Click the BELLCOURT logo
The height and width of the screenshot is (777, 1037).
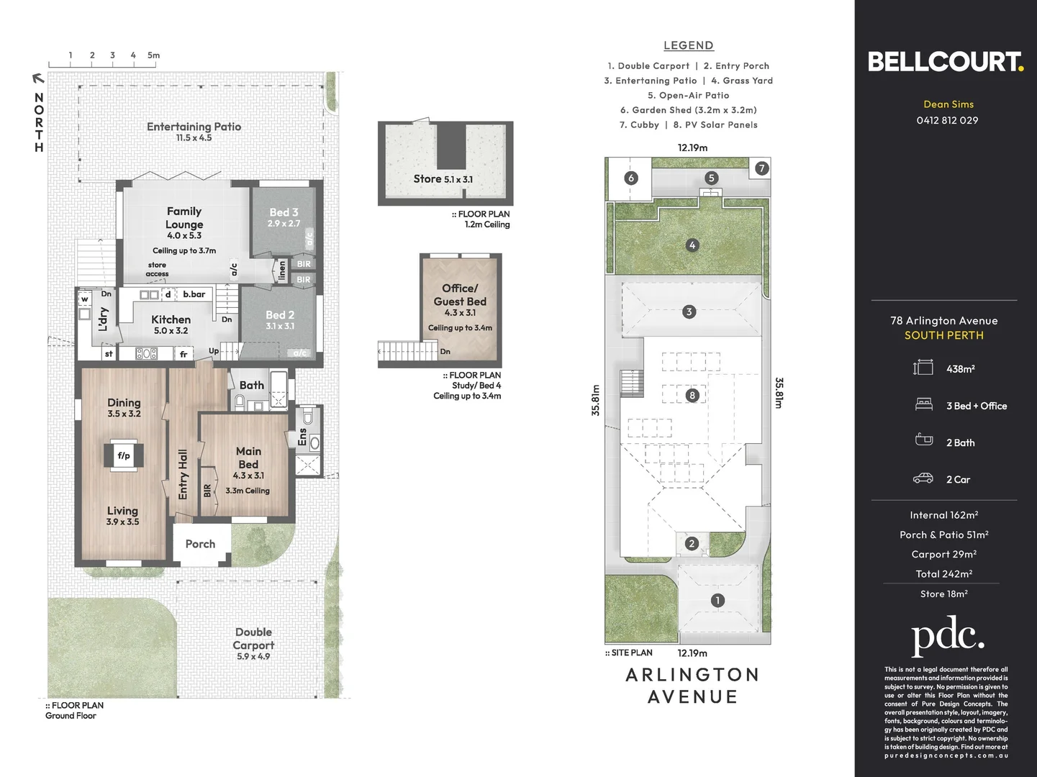click(945, 62)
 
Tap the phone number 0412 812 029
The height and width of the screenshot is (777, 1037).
click(947, 120)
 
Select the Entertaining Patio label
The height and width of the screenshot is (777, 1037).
click(194, 127)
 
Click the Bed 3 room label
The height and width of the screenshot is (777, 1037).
click(284, 213)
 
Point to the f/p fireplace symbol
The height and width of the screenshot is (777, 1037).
click(124, 455)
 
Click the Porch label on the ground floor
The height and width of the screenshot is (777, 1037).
click(200, 544)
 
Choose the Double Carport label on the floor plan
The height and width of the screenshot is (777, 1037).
click(253, 639)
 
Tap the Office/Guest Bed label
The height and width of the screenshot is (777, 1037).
click(460, 295)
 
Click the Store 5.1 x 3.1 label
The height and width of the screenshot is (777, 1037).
click(443, 179)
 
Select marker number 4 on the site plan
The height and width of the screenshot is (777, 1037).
click(692, 245)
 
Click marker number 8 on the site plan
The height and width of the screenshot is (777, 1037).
click(692, 395)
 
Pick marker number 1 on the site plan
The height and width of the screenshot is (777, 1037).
click(717, 600)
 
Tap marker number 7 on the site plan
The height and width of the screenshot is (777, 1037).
click(761, 168)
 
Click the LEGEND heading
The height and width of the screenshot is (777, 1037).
click(688, 45)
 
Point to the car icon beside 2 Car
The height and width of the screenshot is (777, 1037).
click(923, 478)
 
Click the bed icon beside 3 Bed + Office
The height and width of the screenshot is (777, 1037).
click(923, 405)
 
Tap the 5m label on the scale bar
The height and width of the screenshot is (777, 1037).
click(153, 55)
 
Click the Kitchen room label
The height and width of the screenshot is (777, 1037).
click(171, 319)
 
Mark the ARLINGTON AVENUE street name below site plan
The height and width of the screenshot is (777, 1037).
click(692, 686)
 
